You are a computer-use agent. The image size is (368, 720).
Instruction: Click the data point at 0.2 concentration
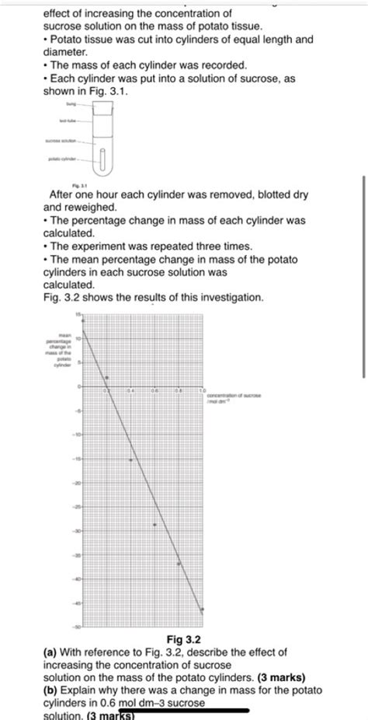(107, 377)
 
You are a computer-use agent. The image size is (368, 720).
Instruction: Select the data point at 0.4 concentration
(131, 460)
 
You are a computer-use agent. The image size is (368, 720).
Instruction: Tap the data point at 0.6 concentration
(154, 525)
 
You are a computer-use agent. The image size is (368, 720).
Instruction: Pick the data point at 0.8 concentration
(179, 564)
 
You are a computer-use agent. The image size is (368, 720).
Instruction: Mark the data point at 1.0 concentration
(203, 610)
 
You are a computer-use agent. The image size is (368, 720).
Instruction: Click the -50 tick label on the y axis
(77, 626)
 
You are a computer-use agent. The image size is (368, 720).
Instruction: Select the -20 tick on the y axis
(77, 483)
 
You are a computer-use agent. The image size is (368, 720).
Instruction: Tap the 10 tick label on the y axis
(77, 339)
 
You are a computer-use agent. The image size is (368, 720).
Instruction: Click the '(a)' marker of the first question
(50, 652)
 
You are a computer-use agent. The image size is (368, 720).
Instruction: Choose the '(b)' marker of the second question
(50, 690)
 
